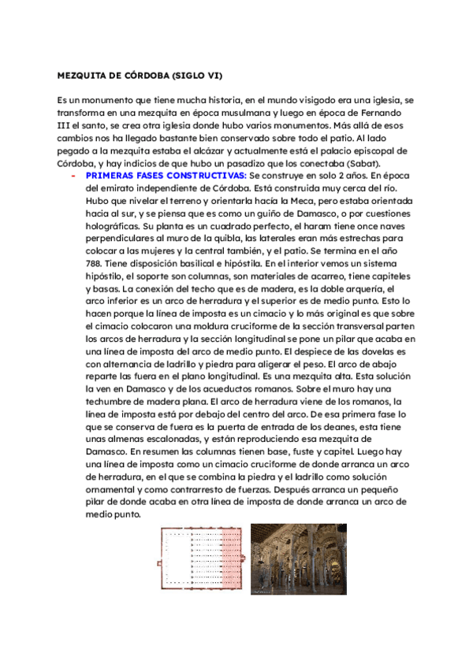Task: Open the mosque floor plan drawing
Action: [x=200, y=559]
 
